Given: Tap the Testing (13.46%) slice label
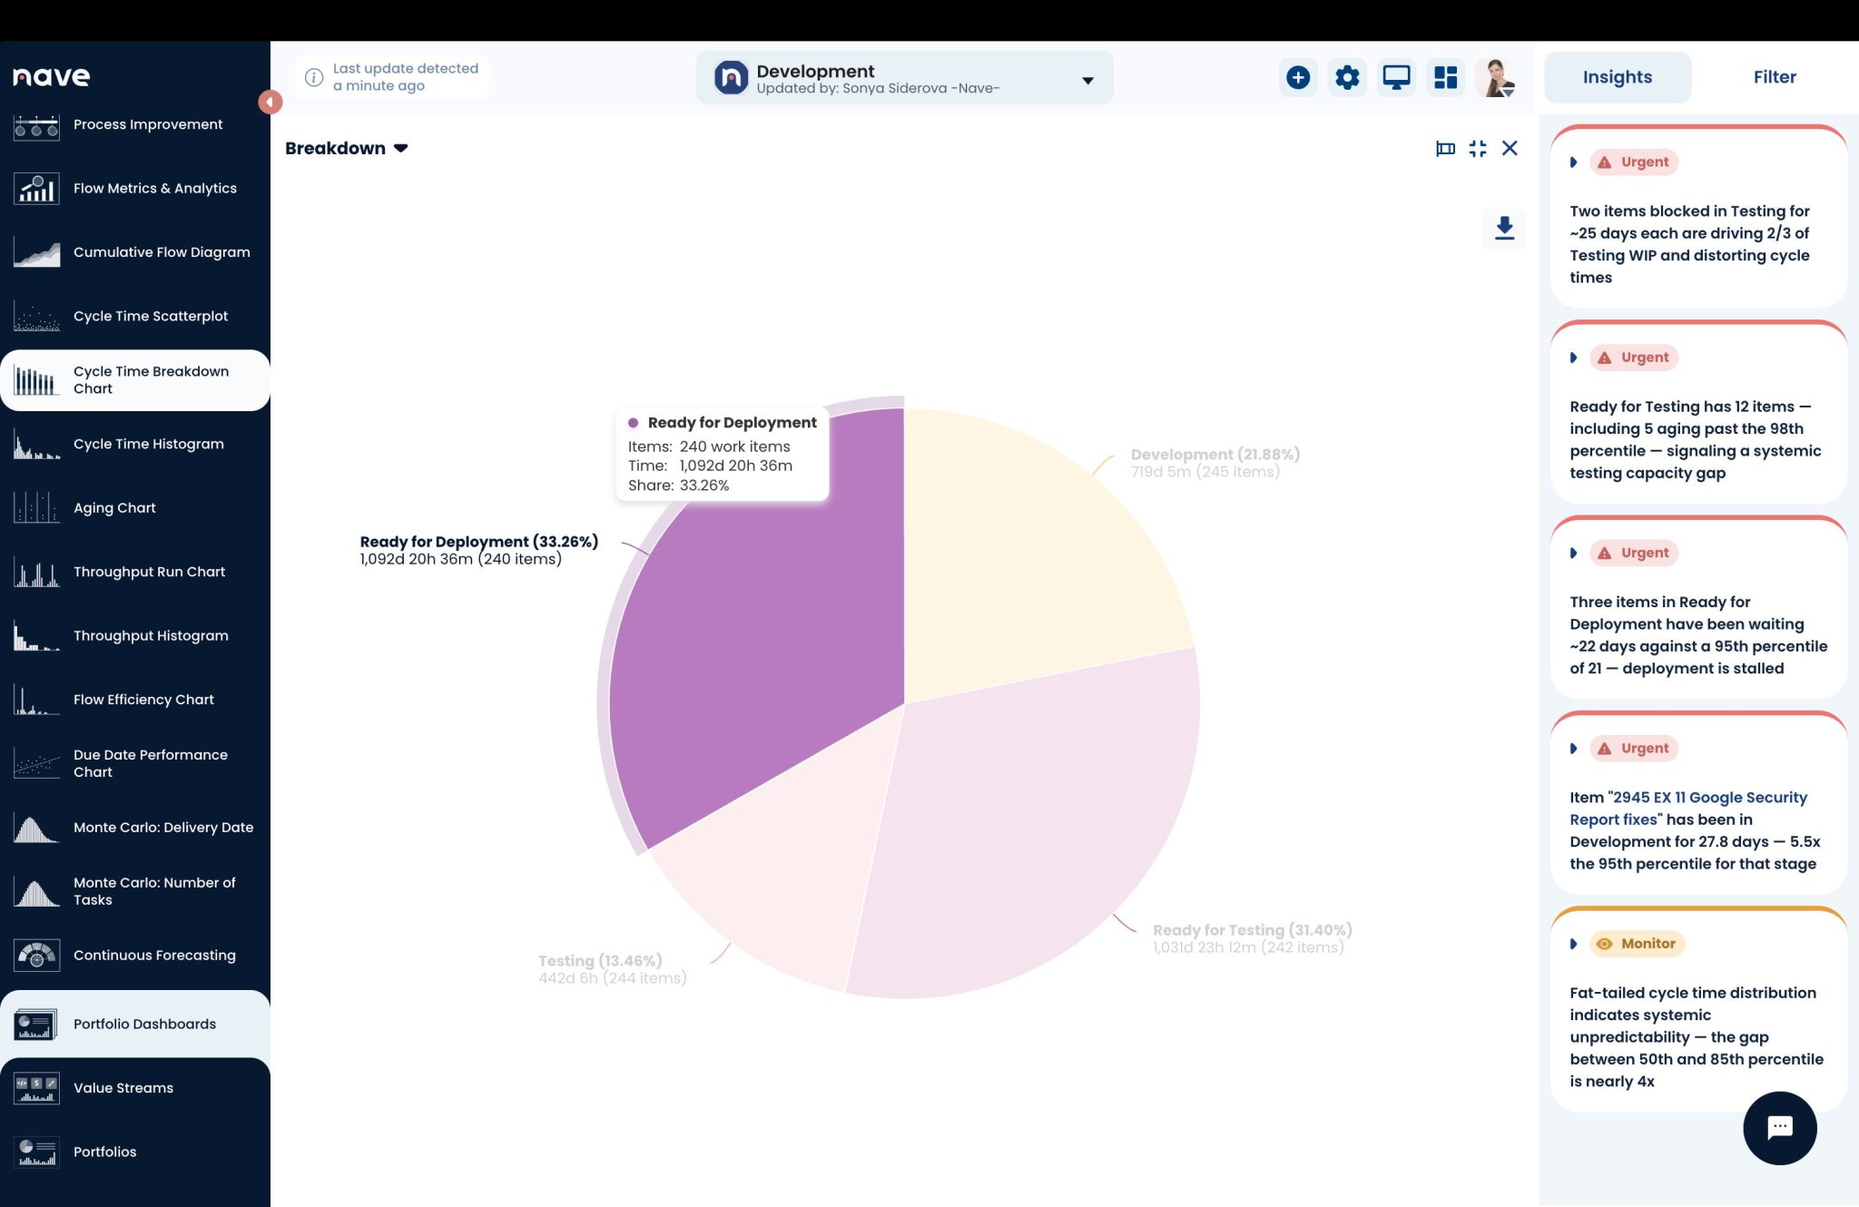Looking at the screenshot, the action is point(600,960).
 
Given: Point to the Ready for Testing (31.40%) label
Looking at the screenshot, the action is point(1253,929).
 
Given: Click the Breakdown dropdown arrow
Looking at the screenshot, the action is point(400,148).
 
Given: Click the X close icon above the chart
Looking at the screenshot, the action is point(1510,148).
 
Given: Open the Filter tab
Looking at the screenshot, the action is point(1775,77).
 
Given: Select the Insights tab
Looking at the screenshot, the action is point(1618,77).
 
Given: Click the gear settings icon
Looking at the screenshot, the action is point(1347,77).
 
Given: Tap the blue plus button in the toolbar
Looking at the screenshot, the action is point(1298,77).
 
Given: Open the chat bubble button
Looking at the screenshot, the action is point(1779,1128).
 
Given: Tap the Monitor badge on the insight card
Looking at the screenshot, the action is point(1638,944).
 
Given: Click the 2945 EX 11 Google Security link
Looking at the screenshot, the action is point(1688,808).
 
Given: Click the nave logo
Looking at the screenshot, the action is point(52,77).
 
